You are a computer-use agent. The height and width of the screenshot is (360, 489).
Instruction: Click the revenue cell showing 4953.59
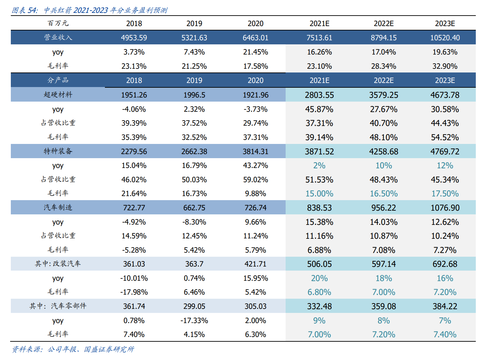(134, 38)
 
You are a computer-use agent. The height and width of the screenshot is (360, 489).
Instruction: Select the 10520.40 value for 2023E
(445, 38)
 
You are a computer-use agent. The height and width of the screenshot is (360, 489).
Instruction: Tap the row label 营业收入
(58, 37)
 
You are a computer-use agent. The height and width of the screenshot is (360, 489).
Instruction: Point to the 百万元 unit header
(58, 23)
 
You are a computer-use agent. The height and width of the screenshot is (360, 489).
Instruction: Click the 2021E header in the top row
(319, 24)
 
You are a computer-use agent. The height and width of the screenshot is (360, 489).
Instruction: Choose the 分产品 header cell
(58, 80)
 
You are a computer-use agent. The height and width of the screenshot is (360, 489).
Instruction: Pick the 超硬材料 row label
(58, 94)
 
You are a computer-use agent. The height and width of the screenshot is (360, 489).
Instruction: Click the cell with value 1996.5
(194, 95)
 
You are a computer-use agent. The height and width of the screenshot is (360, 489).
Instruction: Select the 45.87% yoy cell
(319, 109)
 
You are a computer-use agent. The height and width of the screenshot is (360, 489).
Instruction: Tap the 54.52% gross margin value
(445, 137)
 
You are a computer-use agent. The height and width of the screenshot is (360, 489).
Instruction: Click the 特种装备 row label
(58, 151)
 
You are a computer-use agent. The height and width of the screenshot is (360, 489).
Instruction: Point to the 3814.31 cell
(255, 151)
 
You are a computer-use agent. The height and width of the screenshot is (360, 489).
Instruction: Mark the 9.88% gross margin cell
(255, 193)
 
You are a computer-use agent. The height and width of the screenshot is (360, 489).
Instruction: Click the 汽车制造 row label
(58, 207)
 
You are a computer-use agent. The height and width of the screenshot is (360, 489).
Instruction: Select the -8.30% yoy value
(194, 222)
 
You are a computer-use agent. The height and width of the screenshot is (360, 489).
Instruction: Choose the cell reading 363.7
(194, 264)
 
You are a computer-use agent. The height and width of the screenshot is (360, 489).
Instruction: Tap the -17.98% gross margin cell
(134, 292)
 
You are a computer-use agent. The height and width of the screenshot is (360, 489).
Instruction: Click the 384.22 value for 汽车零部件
(445, 306)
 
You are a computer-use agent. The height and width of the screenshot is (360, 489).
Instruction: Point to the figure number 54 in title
(32, 10)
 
